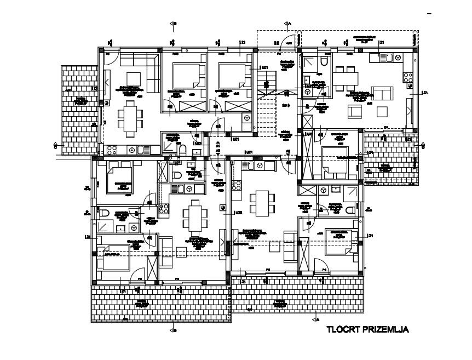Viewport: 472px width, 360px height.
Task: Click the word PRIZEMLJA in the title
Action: click(385, 330)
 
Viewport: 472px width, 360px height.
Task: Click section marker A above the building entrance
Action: click(287, 24)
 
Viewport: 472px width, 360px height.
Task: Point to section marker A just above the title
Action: click(316, 318)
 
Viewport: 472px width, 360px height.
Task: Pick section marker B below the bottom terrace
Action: click(173, 330)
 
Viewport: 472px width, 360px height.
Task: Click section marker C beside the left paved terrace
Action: click(55, 147)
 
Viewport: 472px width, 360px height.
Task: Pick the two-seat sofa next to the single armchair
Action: click(383, 94)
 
